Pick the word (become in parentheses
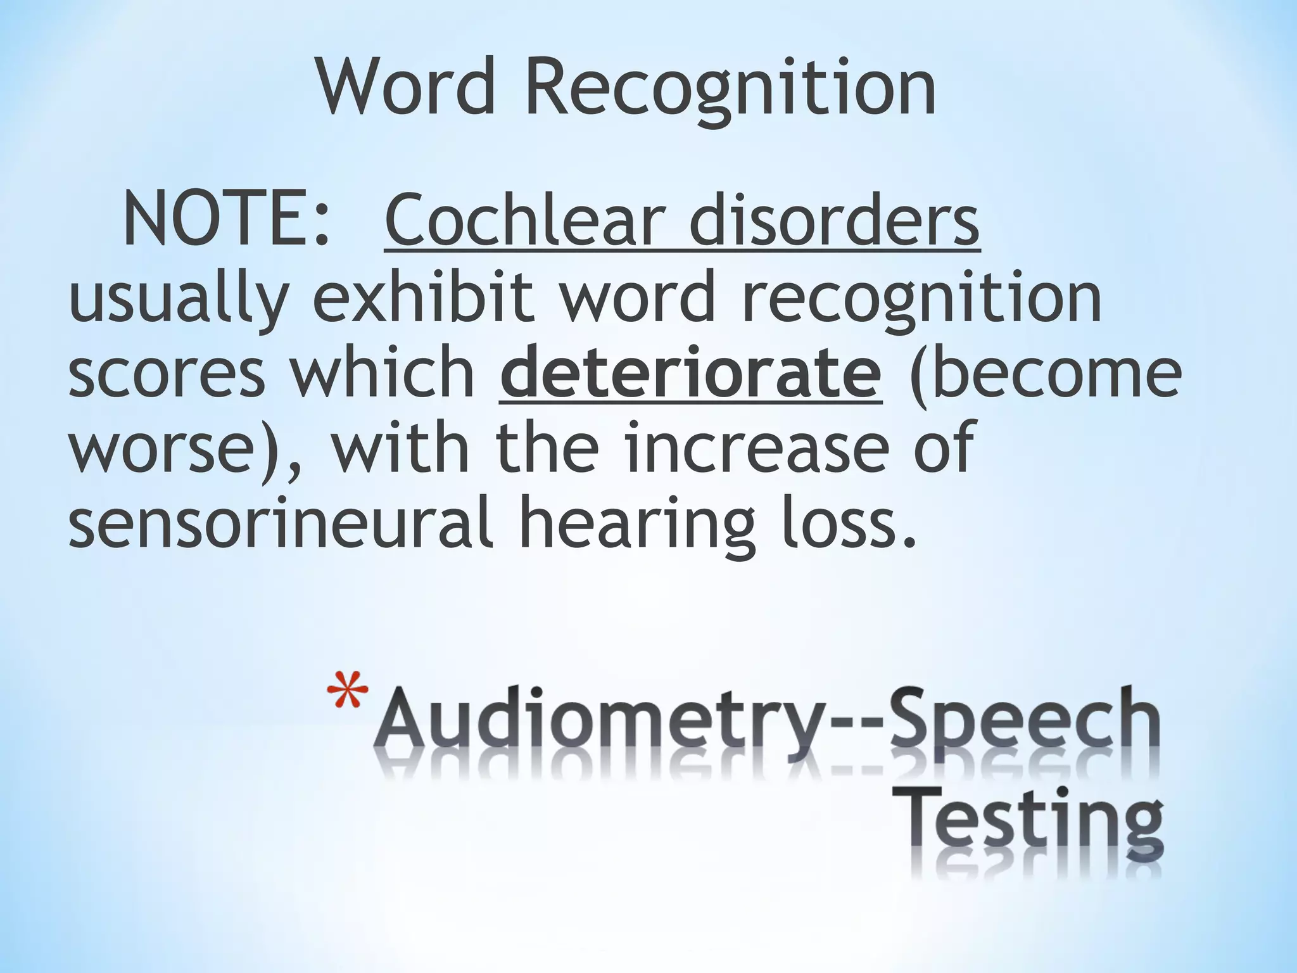coord(1044,373)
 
